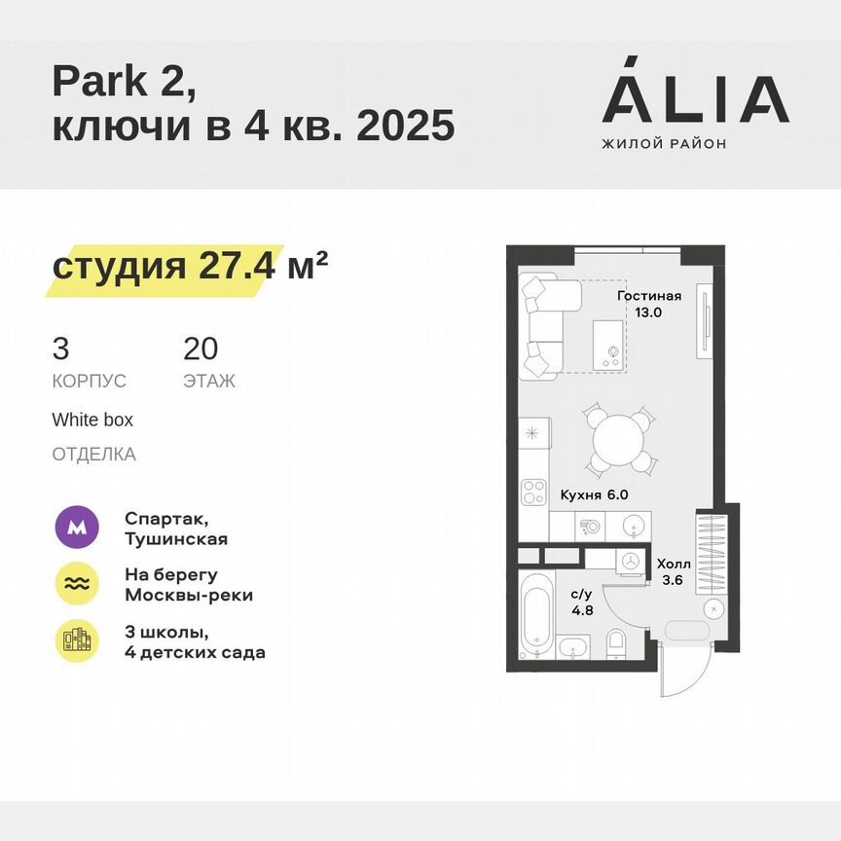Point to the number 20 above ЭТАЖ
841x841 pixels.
tap(201, 347)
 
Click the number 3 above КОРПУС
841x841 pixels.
tap(60, 347)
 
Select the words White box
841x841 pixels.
tap(92, 420)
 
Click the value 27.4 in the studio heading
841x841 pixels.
tap(234, 265)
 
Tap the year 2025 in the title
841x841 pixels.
tap(406, 126)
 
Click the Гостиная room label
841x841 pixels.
tap(649, 296)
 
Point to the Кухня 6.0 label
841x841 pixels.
tap(594, 494)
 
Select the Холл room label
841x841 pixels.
tap(674, 564)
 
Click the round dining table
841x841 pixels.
tap(616, 440)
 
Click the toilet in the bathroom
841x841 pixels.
tap(616, 643)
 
